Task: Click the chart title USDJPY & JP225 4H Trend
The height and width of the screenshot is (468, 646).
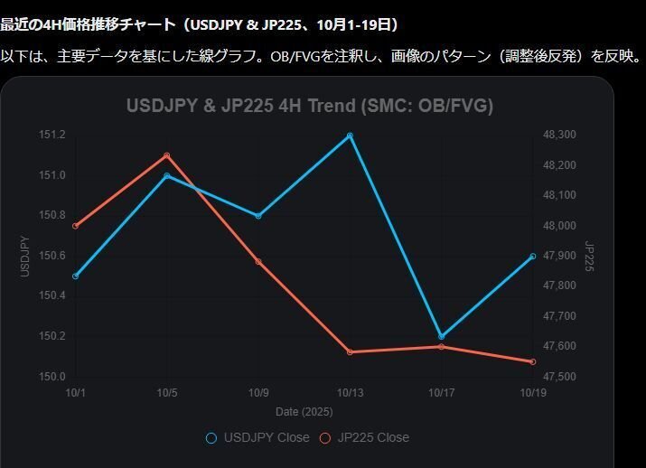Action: (310, 106)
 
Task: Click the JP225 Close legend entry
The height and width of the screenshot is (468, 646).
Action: (365, 437)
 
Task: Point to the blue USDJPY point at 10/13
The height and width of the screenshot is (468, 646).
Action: (350, 136)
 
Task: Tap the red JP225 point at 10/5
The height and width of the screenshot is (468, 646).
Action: (167, 155)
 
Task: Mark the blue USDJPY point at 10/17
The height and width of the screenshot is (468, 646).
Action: (441, 336)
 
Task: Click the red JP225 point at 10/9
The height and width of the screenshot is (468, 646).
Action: (258, 262)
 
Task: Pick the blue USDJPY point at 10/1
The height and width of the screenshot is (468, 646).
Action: (76, 276)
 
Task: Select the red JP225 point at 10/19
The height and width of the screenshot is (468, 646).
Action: (532, 361)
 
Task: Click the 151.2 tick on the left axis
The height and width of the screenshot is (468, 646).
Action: (52, 136)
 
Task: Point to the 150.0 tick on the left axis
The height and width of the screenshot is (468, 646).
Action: (52, 377)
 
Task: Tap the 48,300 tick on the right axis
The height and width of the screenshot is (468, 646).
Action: (559, 136)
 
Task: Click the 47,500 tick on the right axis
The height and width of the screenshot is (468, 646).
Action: (559, 377)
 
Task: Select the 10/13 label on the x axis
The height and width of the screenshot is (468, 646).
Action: (350, 393)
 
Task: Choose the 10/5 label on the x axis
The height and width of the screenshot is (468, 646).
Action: (167, 393)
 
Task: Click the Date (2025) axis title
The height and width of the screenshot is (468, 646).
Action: (304, 412)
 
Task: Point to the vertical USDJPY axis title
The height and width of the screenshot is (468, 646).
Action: (25, 256)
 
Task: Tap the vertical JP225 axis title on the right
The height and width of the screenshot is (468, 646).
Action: (588, 256)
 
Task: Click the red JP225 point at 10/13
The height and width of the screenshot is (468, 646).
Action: (350, 351)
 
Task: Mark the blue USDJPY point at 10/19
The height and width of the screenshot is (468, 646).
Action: (532, 256)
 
